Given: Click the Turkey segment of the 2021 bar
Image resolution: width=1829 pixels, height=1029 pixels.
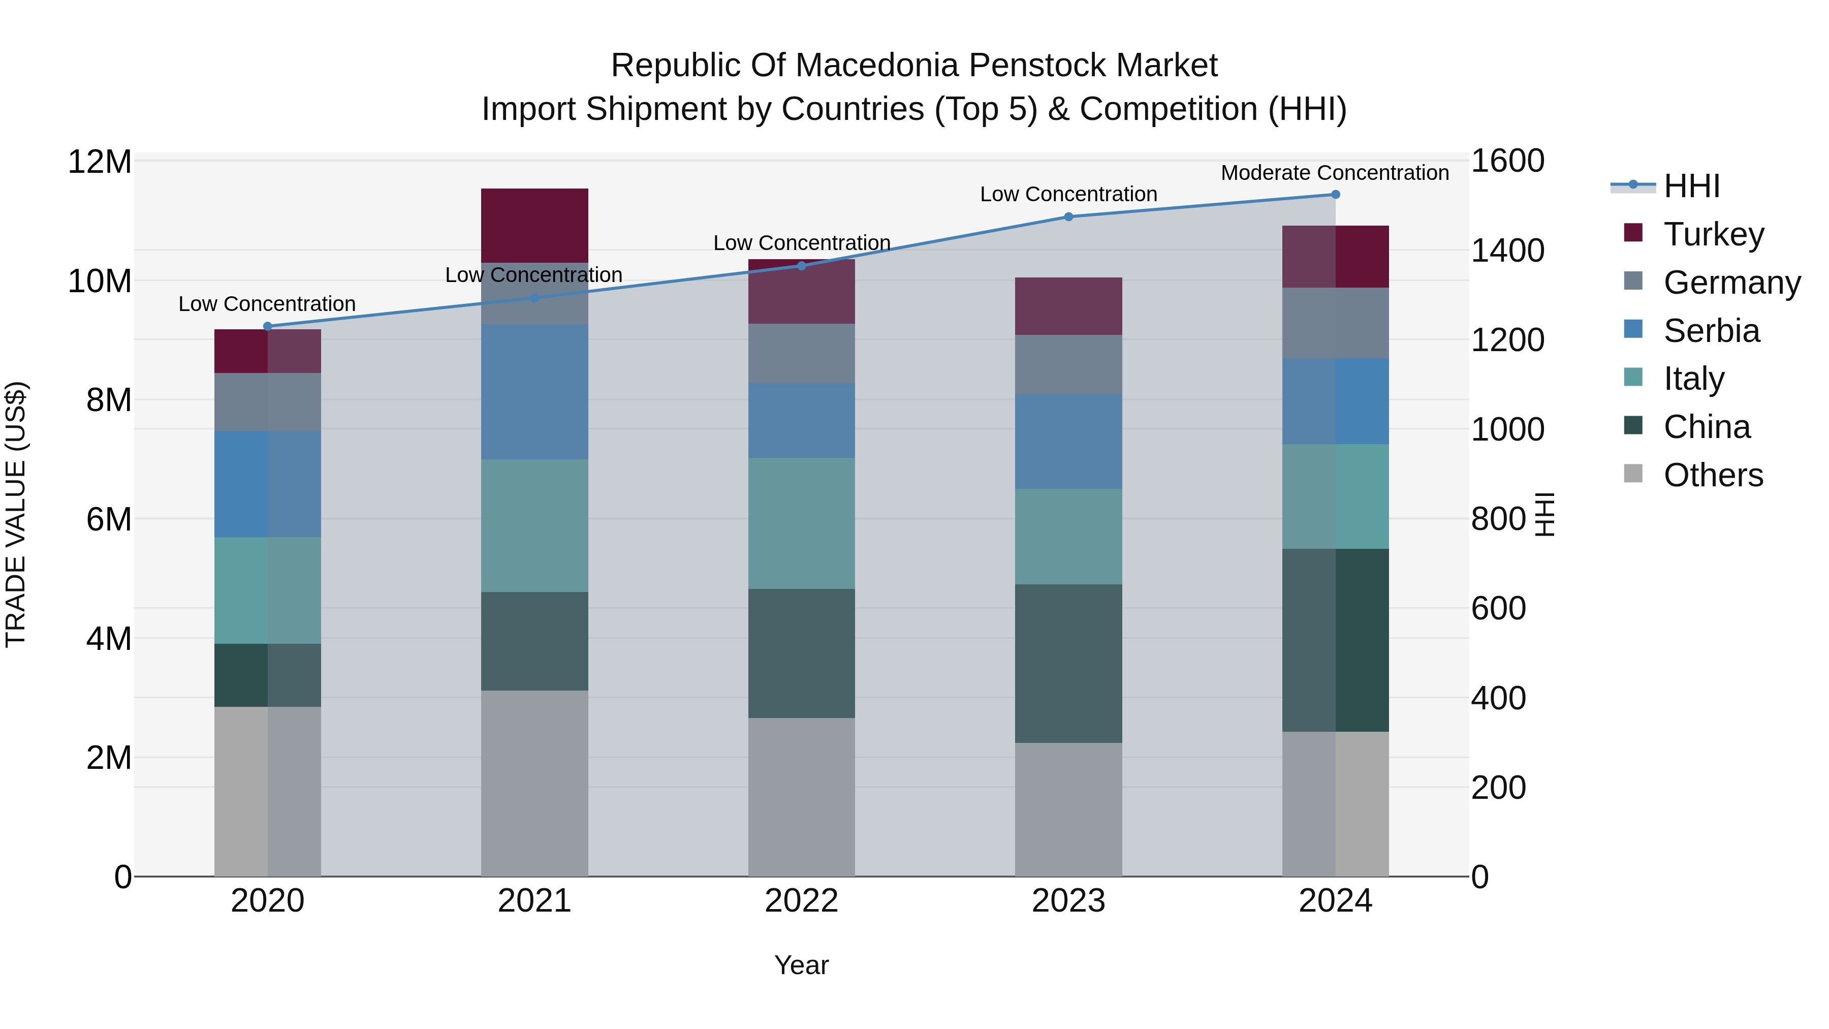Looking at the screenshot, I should click(x=534, y=225).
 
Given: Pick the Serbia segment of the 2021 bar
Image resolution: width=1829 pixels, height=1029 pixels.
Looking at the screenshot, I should click(x=534, y=391).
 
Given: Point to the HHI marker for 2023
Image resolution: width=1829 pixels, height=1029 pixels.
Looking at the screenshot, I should click(x=1068, y=216).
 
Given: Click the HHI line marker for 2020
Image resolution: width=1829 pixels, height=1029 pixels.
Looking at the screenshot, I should click(x=268, y=327).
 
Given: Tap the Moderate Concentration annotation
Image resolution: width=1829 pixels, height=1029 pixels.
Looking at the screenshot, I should click(x=1334, y=173).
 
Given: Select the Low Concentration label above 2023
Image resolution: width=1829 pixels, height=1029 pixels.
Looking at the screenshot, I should click(x=1068, y=194).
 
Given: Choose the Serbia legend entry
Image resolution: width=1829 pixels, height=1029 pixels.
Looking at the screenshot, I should click(x=1711, y=331).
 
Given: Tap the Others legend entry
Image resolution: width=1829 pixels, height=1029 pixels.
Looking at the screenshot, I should click(x=1713, y=475).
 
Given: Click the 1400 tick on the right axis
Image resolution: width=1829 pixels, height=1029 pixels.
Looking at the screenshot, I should click(x=1507, y=251).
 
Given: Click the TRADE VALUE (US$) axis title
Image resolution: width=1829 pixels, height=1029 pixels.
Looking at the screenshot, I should click(x=16, y=514).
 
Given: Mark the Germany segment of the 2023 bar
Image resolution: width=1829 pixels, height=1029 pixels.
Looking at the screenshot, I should click(x=1068, y=364).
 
